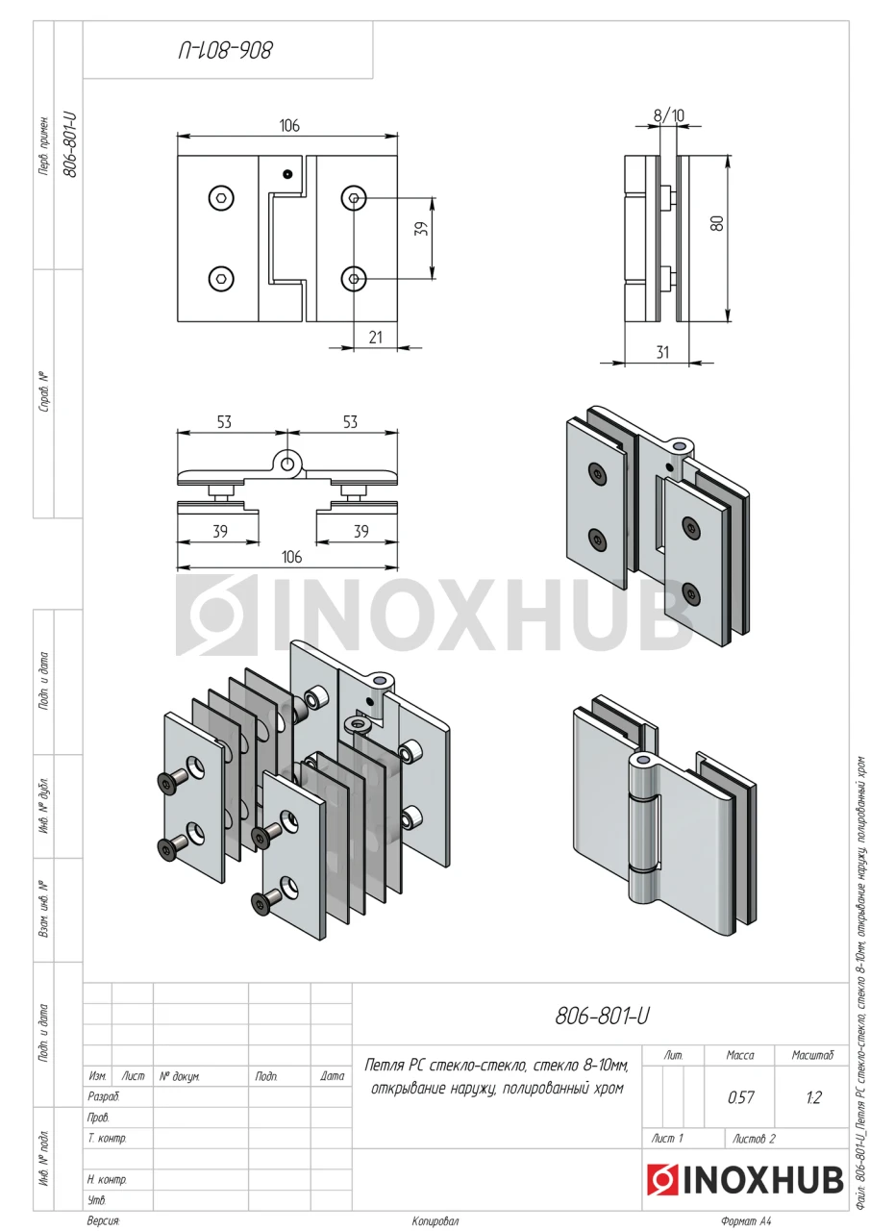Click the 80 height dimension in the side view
pos(717,222)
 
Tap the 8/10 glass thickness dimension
pos(668,115)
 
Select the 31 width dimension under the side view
pos(662,352)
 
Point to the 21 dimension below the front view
pos(375,338)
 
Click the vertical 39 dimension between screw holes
pos(421,229)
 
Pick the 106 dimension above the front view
pos(289,126)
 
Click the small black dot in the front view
pos(286,175)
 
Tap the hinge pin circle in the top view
pos(286,465)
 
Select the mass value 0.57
pos(740,1099)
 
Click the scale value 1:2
pos(813,1099)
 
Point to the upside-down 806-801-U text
pos(225,51)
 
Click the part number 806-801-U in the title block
pos(602,1017)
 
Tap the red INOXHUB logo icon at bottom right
pos(662,1180)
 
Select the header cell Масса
pos(740,1055)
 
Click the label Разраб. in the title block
pos(103,1097)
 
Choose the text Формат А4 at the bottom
pos(746,1221)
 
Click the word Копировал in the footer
pos(435,1221)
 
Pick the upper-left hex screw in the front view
pos(221,198)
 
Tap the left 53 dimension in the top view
pos(224,422)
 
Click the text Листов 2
pos(754,1139)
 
